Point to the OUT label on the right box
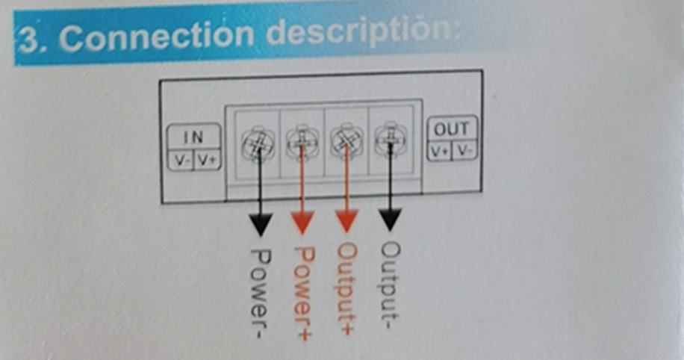pyautogui.click(x=451, y=128)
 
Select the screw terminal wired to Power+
pyautogui.click(x=302, y=141)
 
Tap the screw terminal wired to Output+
pyautogui.click(x=345, y=140)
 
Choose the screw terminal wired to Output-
pyautogui.click(x=389, y=139)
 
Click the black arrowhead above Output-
pyautogui.click(x=390, y=218)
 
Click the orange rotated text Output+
pyautogui.click(x=346, y=284)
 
